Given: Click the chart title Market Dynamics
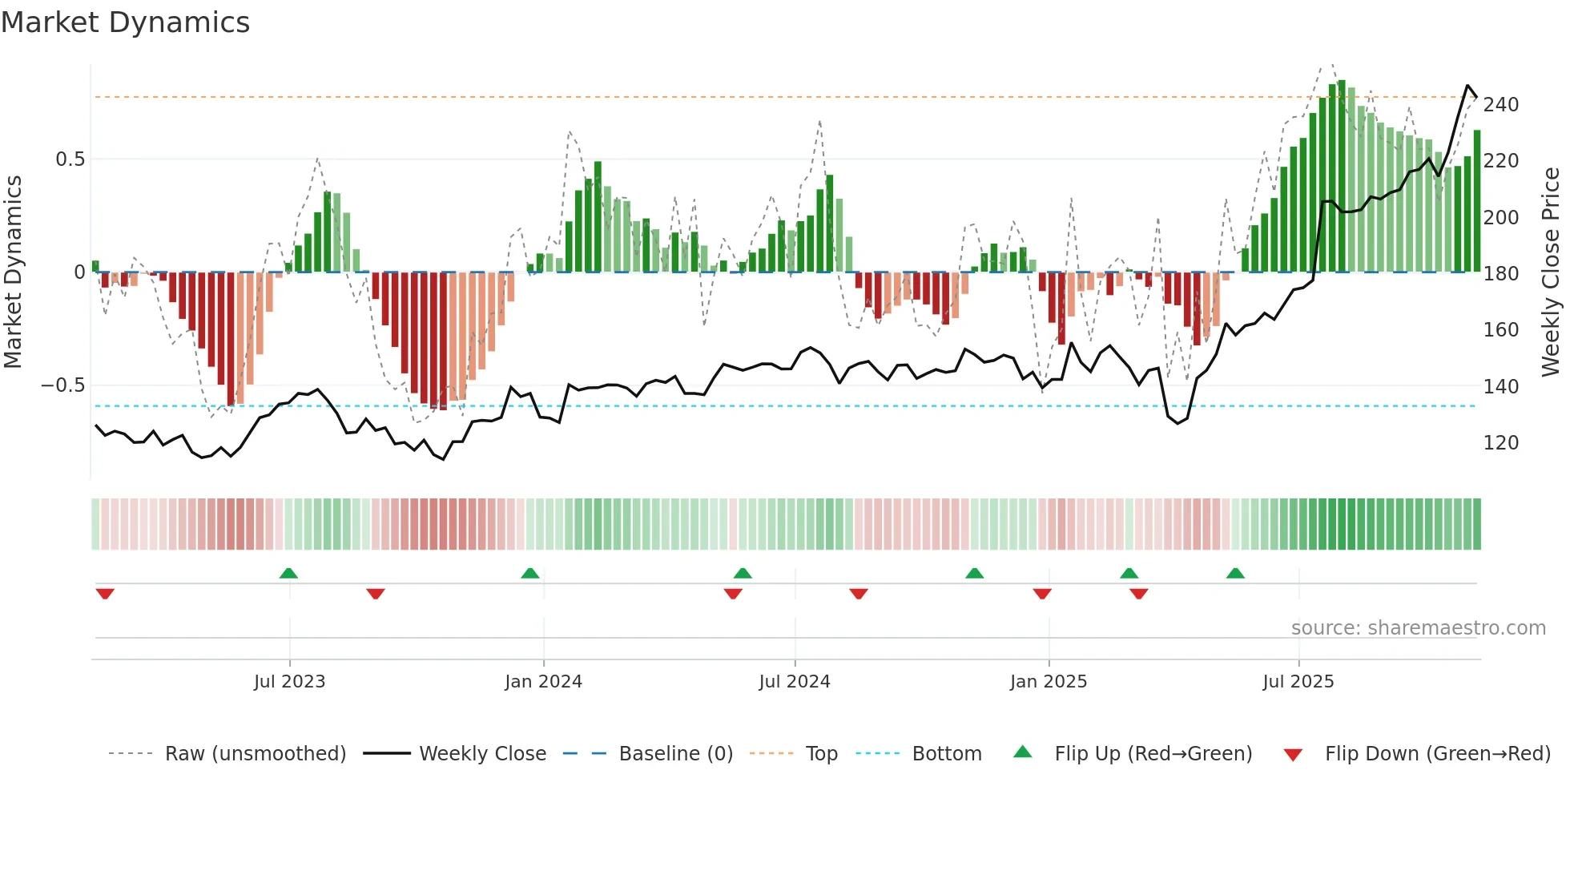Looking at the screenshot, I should coord(125,22).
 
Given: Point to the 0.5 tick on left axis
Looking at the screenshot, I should coord(70,159).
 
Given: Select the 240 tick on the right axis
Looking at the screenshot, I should coord(1500,105).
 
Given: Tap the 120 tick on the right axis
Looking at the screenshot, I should coord(1500,443).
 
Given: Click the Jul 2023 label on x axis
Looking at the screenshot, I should coord(289,682).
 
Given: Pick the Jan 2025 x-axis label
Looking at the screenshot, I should coord(1048,682).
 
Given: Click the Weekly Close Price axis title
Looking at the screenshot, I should coord(1551,272).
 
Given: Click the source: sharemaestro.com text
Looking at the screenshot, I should coord(1418,628).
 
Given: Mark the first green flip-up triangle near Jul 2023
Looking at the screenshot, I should coord(288,573).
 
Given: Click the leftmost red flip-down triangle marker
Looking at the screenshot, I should coord(105,594).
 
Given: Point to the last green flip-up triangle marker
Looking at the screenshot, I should coord(1235,573).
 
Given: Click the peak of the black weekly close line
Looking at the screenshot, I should coord(1467,86).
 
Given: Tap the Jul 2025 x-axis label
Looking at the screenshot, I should coord(1298,682).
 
